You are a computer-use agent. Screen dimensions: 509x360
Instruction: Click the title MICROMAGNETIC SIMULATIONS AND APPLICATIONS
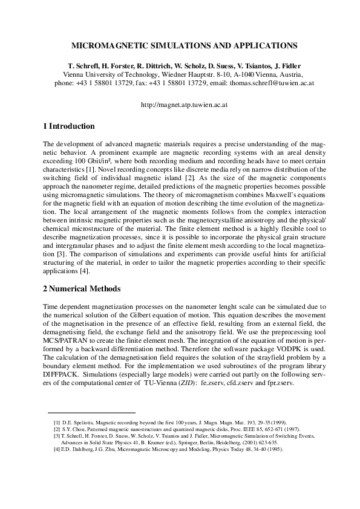180,45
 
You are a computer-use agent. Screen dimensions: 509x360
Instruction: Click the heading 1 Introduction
69,126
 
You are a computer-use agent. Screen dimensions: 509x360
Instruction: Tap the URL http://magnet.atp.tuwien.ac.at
180,104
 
